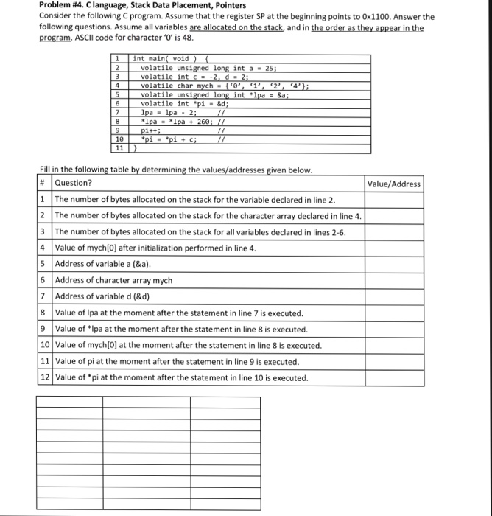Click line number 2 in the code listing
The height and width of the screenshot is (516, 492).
(118, 66)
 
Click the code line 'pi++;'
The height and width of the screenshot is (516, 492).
(151, 129)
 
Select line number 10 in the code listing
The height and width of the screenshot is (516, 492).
(119, 138)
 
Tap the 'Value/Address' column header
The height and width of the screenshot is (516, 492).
(393, 184)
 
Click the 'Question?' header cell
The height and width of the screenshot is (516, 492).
(74, 184)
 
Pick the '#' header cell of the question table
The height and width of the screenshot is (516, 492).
(43, 184)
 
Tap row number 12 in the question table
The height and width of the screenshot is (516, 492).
(44, 378)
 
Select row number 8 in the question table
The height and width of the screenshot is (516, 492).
(44, 313)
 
